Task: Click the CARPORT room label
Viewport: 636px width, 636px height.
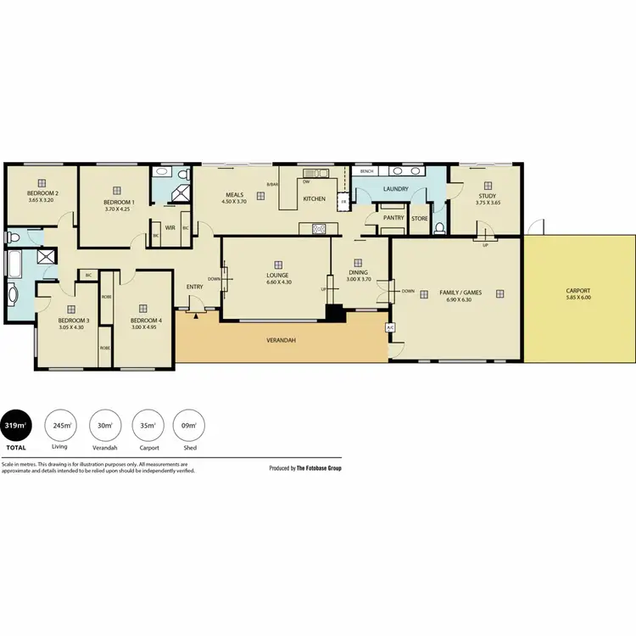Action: tap(579, 292)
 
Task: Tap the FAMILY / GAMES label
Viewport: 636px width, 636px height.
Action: tap(460, 293)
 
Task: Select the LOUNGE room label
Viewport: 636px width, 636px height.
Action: tap(277, 275)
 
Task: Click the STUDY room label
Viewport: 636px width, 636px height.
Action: tap(487, 196)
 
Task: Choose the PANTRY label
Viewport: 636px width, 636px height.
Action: tap(393, 218)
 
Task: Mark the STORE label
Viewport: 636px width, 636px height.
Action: tap(420, 218)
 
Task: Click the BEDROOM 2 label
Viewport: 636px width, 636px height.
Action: tap(43, 193)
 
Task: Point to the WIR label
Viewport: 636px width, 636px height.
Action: tap(170, 227)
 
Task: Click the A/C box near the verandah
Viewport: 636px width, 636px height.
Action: tap(390, 327)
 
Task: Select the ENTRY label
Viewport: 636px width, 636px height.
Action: tap(194, 287)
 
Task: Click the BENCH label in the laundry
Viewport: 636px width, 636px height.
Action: tap(366, 171)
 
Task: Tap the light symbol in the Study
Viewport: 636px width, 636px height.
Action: tap(488, 185)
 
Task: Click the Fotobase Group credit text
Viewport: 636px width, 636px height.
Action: tap(305, 468)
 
